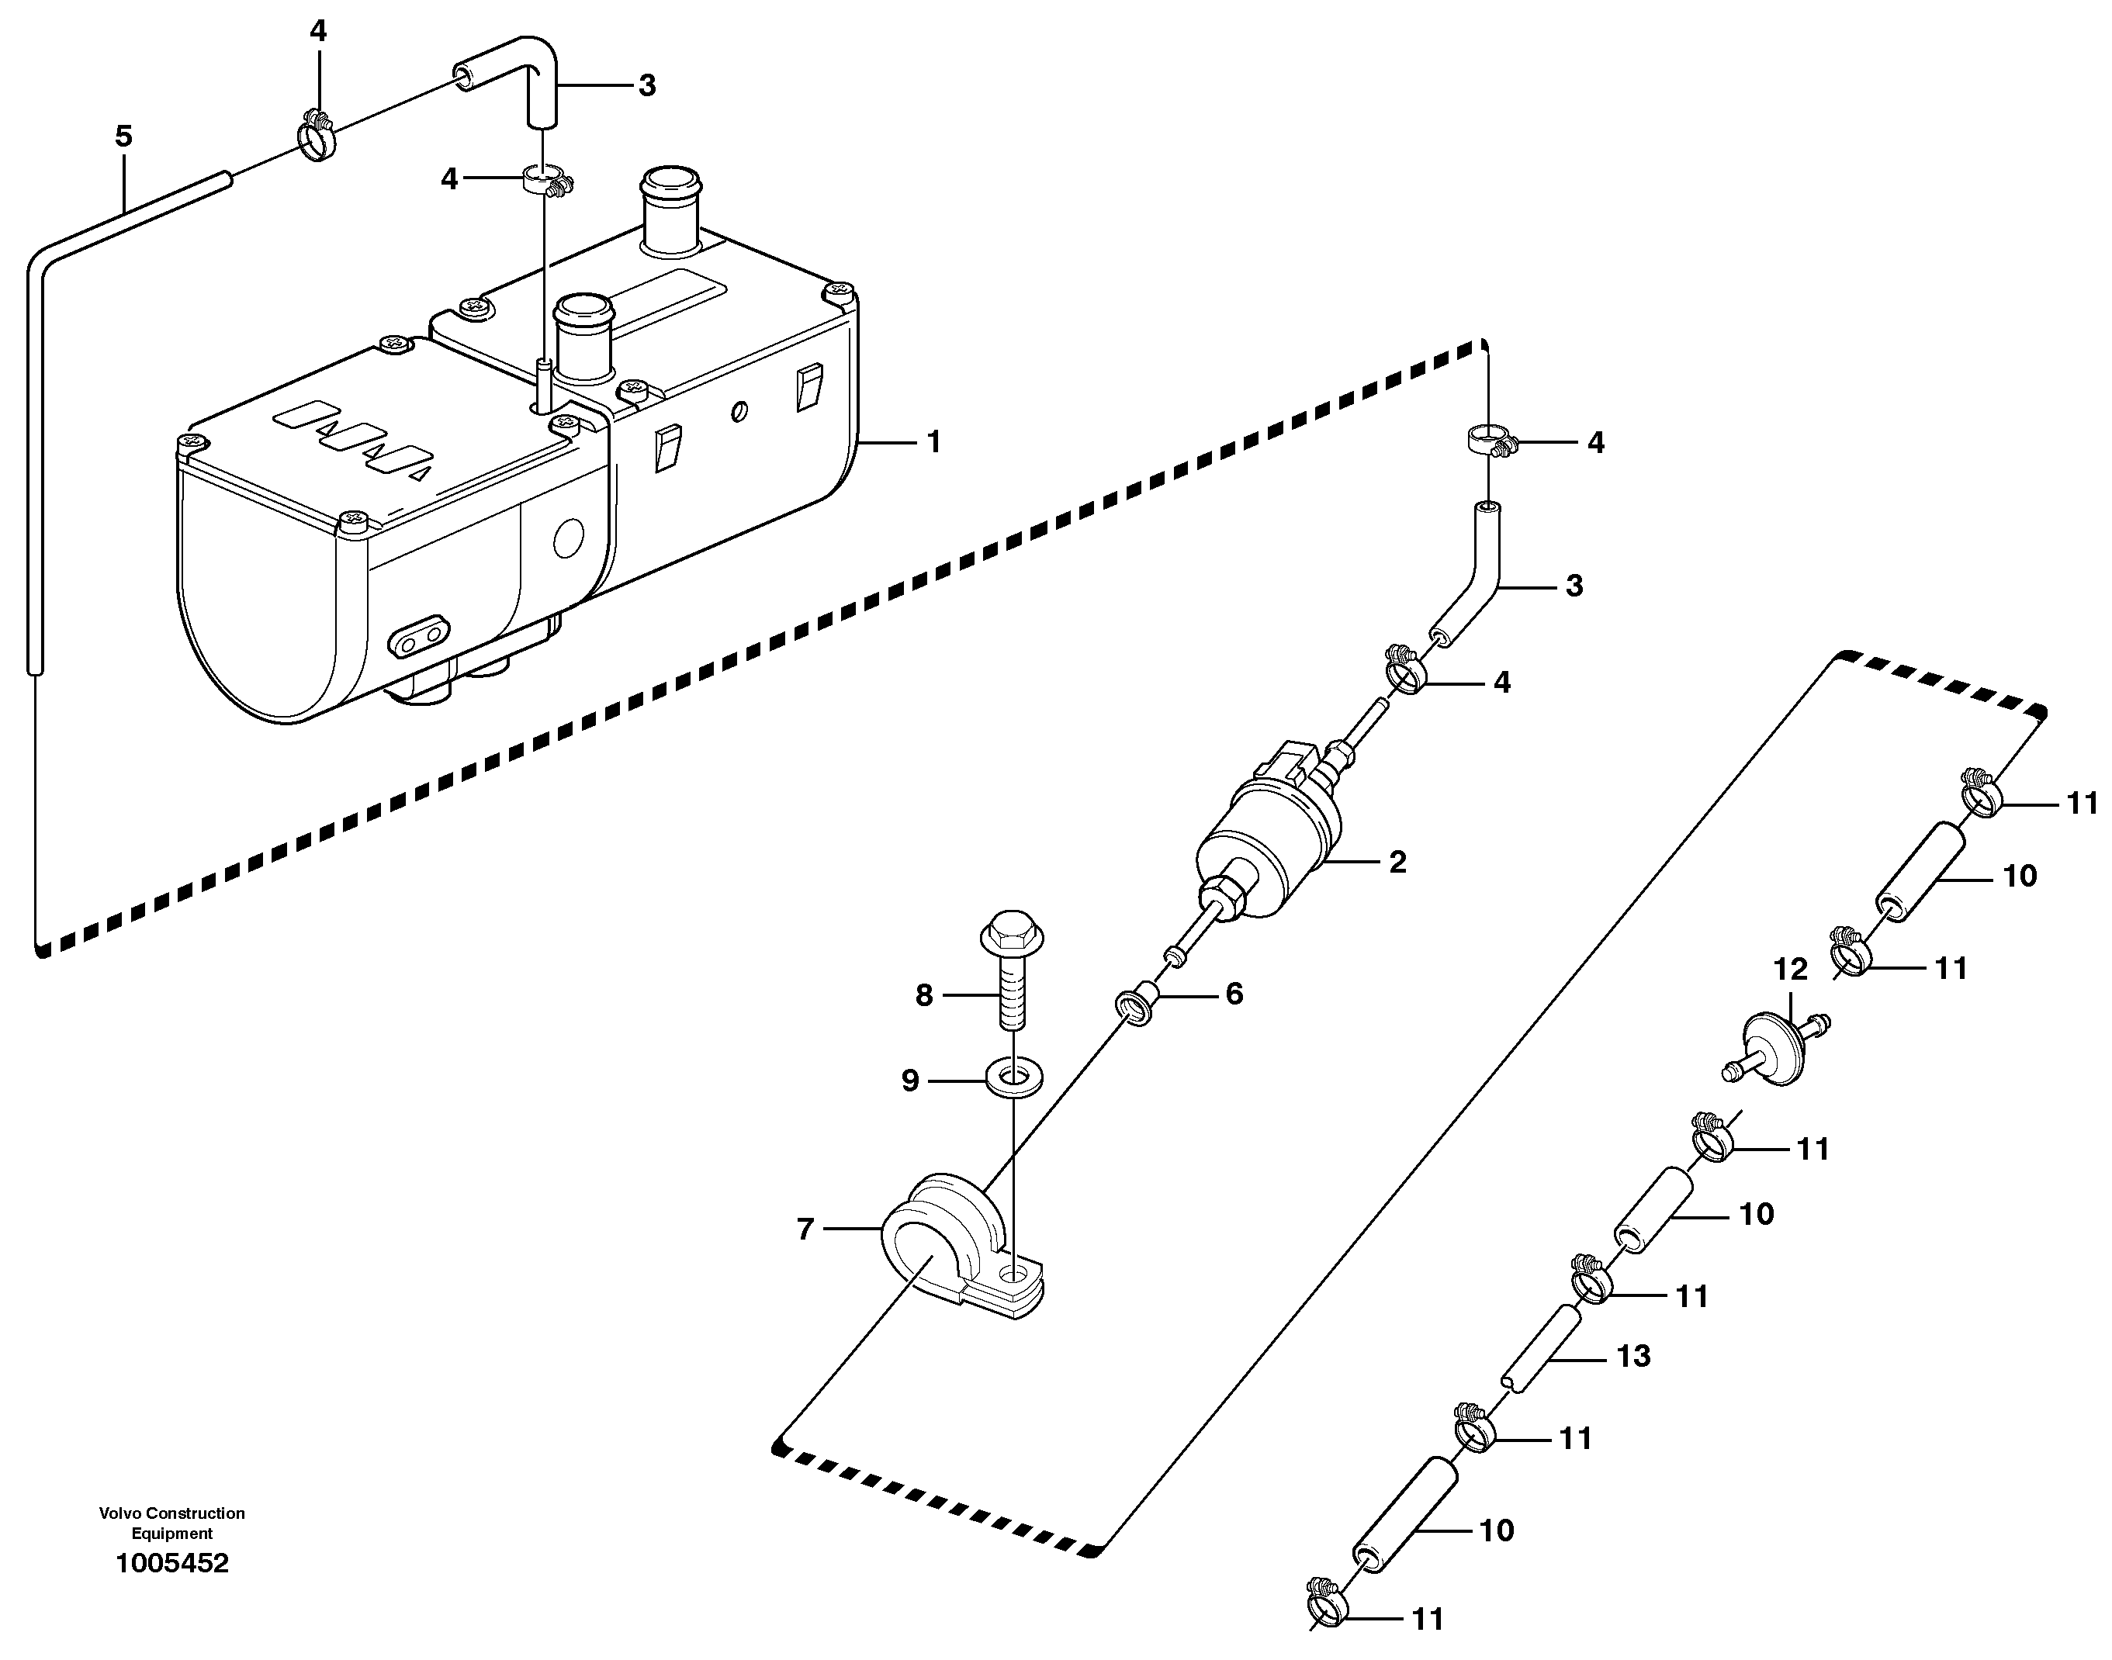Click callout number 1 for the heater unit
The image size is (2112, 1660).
[933, 442]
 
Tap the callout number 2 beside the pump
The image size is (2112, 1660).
[1397, 861]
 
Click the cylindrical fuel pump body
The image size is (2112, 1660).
[1263, 846]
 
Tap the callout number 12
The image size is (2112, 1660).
[1790, 969]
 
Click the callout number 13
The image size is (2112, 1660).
[1632, 1356]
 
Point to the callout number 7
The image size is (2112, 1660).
[805, 1229]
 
